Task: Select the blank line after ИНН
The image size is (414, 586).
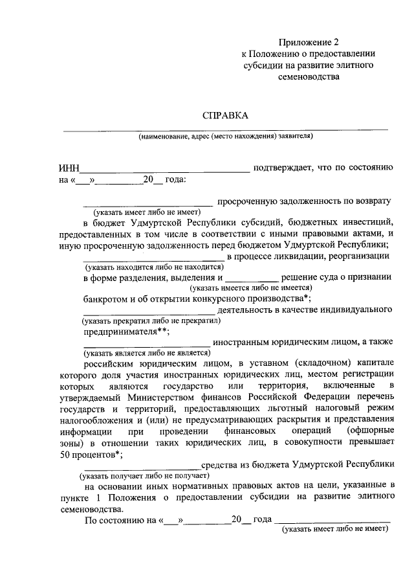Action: pos(164,171)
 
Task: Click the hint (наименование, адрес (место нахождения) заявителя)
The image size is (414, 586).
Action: pos(225,137)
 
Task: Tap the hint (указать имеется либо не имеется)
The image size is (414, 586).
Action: pos(251,287)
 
